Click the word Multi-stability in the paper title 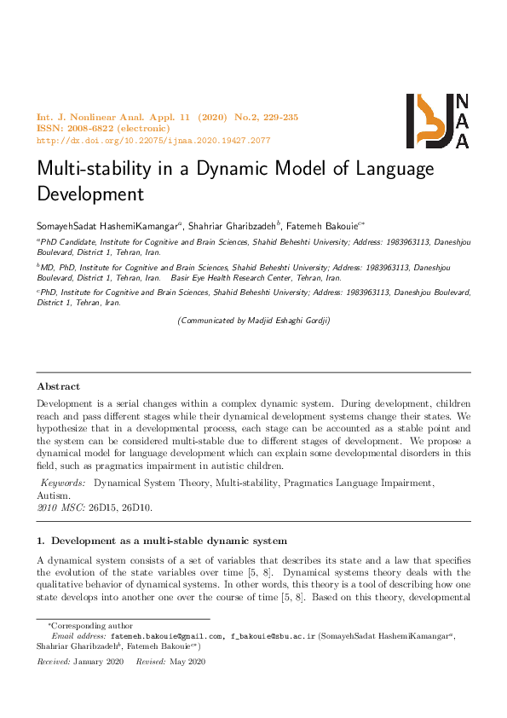(x=94, y=168)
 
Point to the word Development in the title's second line (x=89, y=194)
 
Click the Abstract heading (x=58, y=386)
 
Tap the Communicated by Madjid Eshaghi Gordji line (x=253, y=321)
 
